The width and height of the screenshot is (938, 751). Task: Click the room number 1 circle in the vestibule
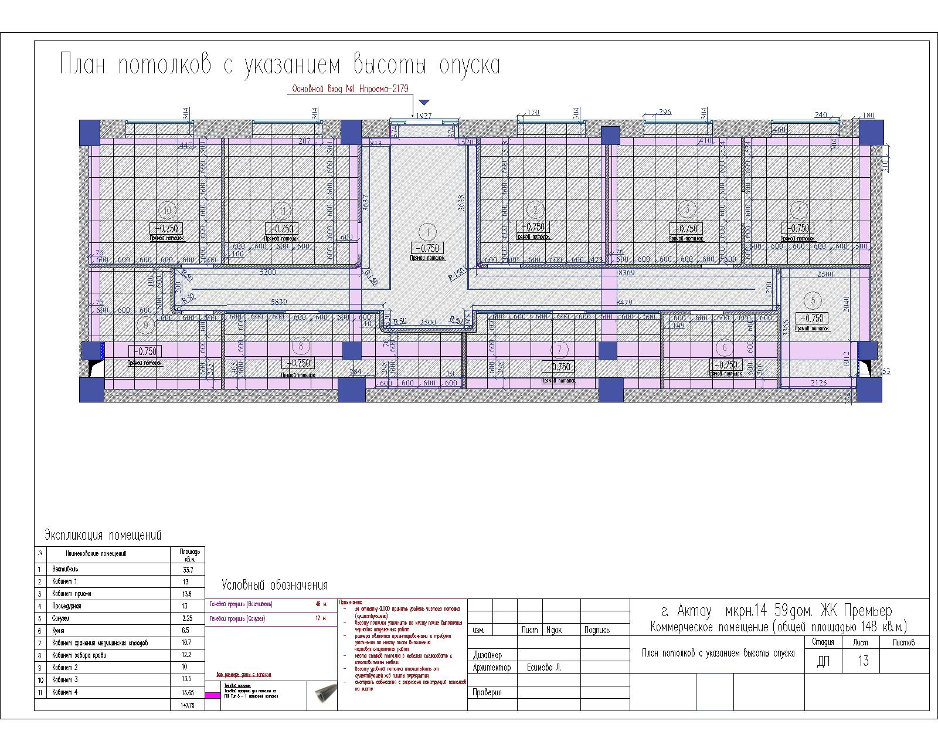pyautogui.click(x=429, y=232)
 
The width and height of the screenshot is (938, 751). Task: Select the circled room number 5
pyautogui.click(x=812, y=301)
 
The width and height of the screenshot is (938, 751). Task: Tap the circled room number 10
pyautogui.click(x=168, y=210)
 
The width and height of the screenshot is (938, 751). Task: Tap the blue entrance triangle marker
pyautogui.click(x=424, y=103)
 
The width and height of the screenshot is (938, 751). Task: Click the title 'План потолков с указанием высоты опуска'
pyautogui.click(x=280, y=65)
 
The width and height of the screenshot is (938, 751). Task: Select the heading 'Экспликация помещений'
pyautogui.click(x=103, y=535)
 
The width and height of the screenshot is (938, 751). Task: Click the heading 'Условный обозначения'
pyautogui.click(x=274, y=585)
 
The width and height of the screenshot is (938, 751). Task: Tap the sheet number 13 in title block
pyautogui.click(x=863, y=661)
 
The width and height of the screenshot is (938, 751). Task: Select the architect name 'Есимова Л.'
pyautogui.click(x=544, y=668)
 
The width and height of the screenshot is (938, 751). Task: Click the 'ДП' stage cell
pyautogui.click(x=823, y=662)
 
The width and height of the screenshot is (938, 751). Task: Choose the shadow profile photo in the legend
pyautogui.click(x=322, y=695)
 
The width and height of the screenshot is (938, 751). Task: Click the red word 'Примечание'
pyautogui.click(x=351, y=603)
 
